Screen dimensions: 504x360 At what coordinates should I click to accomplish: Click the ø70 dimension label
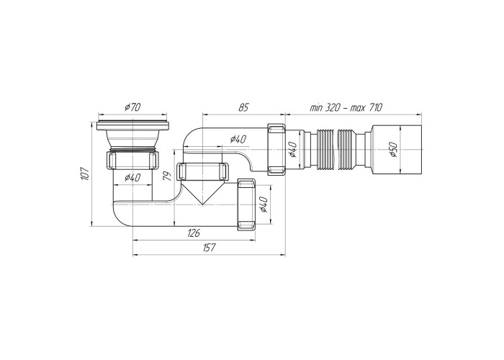pos(132,107)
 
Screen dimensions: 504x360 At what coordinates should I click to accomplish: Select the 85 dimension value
pos(243,107)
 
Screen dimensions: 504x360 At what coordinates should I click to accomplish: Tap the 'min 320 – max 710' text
pos(346,107)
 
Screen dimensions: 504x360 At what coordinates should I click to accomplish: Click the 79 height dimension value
pos(167,176)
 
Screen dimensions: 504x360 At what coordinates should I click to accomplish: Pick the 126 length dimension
pos(194,233)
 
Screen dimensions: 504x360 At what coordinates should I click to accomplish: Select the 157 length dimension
pos(209,248)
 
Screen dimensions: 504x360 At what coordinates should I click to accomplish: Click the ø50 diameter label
pos(394,150)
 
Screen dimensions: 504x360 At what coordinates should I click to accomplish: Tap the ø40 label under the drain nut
pos(132,177)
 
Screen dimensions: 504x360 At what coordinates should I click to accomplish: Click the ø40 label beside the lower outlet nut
pos(264,204)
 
